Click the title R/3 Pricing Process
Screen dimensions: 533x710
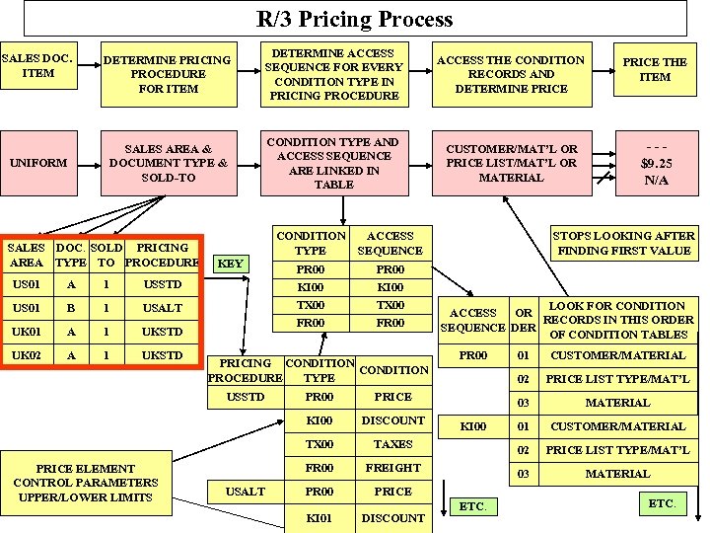[x=355, y=19]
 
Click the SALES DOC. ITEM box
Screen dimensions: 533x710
[x=38, y=65]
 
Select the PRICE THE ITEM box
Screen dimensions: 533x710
[x=655, y=69]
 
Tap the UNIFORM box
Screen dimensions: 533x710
[x=38, y=163]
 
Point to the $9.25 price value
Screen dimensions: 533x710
[x=656, y=163]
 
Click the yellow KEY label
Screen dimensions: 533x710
[x=230, y=264]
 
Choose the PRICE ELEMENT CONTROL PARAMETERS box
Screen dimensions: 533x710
[x=84, y=483]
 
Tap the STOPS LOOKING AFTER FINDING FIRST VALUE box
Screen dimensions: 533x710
[x=622, y=243]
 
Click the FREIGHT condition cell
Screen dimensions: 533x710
[x=392, y=468]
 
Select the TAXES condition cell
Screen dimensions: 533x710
[x=392, y=444]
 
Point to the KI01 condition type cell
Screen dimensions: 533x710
[x=319, y=517]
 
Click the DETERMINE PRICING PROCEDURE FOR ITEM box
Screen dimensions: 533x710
[x=168, y=74]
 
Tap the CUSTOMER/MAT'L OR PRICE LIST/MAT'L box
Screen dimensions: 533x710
[x=512, y=163]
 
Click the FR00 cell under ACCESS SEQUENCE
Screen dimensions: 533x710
[x=390, y=323]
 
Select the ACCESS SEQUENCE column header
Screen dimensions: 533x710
[x=390, y=243]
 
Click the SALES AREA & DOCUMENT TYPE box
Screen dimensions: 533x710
[x=168, y=163]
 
